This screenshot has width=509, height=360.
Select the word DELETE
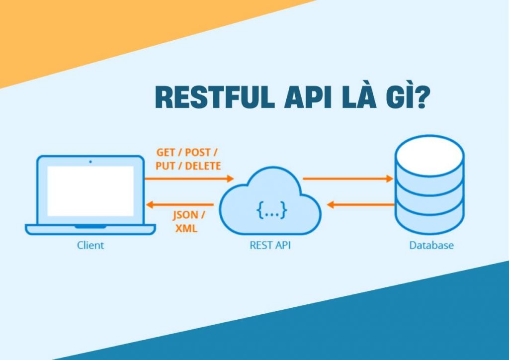203,166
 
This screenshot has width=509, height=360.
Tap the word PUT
165,166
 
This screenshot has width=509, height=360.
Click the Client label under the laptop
90,245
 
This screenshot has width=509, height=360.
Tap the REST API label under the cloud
270,245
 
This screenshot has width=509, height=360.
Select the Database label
431,245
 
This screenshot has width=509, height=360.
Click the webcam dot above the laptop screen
90,161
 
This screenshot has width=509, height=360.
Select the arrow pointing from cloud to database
347,178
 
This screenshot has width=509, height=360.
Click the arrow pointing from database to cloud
360,204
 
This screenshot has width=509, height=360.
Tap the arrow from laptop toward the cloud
189,178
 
